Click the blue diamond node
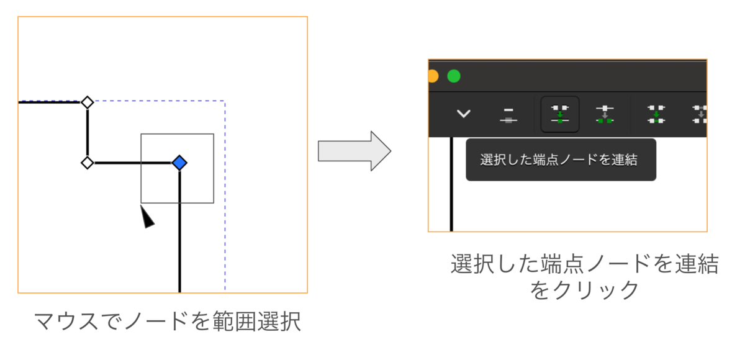(179, 163)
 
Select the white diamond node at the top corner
(88, 102)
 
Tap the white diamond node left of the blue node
(88, 163)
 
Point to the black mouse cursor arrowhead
(147, 217)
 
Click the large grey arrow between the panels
(354, 151)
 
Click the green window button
(454, 76)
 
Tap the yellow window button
(433, 76)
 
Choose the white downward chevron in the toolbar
(464, 114)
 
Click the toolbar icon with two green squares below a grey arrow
(605, 114)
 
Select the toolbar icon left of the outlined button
(508, 115)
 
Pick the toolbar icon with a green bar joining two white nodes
(656, 114)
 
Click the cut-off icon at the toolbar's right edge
(700, 114)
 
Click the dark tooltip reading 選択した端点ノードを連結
(561, 160)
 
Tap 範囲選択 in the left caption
(257, 322)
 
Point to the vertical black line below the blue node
(180, 232)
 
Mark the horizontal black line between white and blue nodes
(133, 163)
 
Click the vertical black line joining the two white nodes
(88, 133)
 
